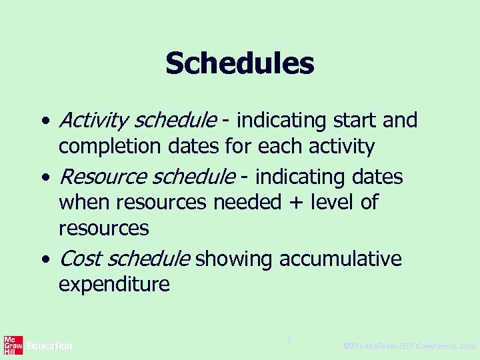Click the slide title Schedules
[x=239, y=64]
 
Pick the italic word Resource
[x=102, y=177]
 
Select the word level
[x=335, y=202]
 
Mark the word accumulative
[x=341, y=259]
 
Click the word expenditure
[x=114, y=285]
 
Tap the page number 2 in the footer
[x=289, y=341]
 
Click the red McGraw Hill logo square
[x=13, y=345]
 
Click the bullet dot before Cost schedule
[x=44, y=259]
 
